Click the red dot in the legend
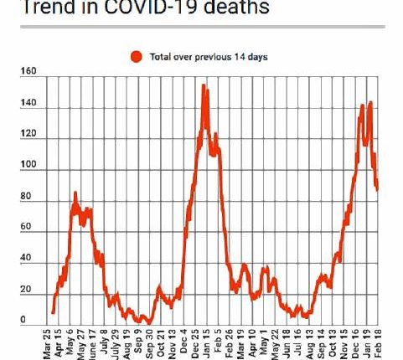point(137,57)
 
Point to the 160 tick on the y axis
point(28,72)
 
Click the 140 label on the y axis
point(28,104)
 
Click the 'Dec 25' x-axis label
point(194,343)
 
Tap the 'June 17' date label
point(91,343)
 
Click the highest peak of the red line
point(204,86)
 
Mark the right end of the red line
point(377,189)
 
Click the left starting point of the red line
point(53,312)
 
